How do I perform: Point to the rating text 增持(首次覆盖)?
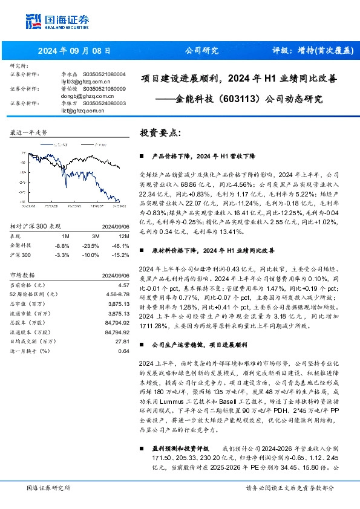[312, 51]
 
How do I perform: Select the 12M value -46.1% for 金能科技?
[122, 229]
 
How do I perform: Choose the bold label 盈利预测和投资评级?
[180, 448]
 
